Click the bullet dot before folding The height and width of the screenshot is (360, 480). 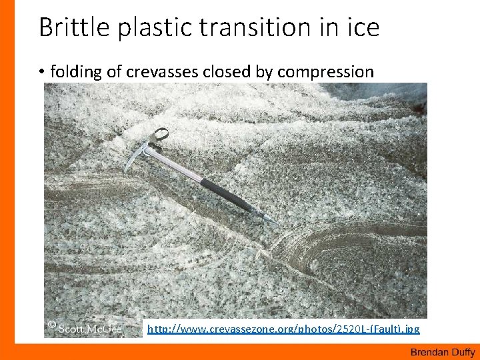(x=42, y=72)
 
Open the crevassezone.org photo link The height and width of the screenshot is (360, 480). (x=283, y=329)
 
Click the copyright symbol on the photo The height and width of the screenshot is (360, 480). (x=51, y=326)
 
